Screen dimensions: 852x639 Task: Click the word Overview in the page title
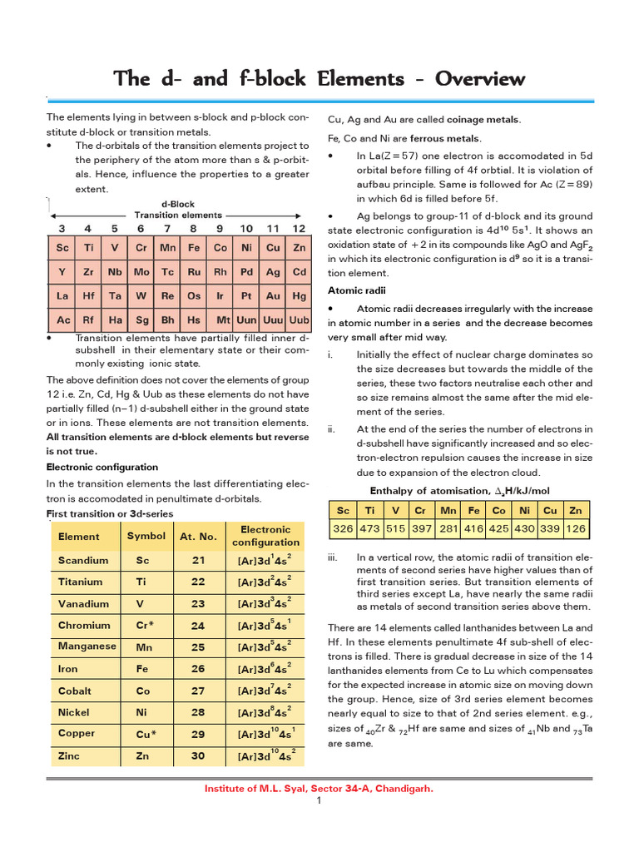coord(472,79)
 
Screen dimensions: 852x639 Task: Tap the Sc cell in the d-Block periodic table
coord(62,248)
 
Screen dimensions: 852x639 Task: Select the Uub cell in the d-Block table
coord(299,319)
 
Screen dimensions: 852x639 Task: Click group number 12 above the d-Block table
coord(299,228)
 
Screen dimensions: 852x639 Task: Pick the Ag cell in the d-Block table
coord(273,272)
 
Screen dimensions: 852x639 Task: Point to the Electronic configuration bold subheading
coord(102,467)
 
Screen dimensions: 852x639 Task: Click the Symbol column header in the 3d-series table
coord(146,536)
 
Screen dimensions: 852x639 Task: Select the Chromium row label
coord(84,625)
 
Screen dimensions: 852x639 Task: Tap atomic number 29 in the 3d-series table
coord(197,733)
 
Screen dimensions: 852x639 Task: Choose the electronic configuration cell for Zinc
coord(265,755)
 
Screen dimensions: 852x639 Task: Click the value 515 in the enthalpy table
coord(396,528)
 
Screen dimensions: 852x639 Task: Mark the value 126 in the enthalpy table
coord(575,528)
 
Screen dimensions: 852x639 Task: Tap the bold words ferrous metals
coord(450,138)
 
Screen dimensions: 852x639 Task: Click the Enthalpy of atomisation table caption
coord(448,491)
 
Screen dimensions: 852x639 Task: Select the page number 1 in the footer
coord(319,800)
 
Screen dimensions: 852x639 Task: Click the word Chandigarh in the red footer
coord(404,788)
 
